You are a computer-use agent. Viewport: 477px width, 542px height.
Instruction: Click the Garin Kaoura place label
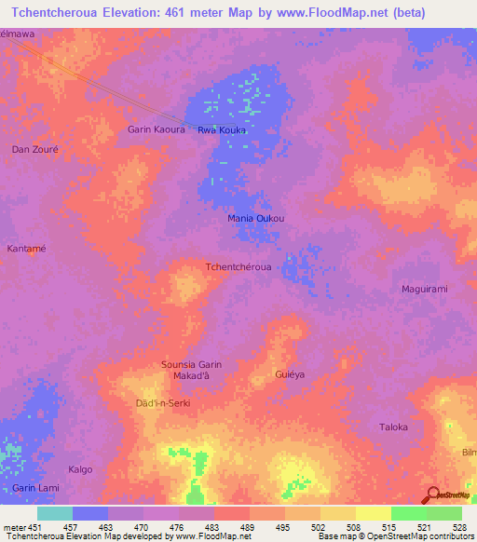157,129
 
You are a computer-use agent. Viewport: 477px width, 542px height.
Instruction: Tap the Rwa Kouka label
222,130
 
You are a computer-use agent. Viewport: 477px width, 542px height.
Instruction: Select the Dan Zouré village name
35,149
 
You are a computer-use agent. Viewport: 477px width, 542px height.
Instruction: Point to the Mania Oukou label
256,219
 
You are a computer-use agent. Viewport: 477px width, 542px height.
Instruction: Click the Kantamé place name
27,249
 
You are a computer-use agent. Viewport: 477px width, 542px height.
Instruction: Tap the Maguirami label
424,289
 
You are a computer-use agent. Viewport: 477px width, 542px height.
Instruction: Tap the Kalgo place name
81,469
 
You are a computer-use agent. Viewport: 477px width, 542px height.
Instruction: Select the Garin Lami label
35,488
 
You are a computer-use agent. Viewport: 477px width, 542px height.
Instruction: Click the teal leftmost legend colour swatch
55,513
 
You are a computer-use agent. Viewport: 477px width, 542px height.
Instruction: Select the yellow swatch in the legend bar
373,513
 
